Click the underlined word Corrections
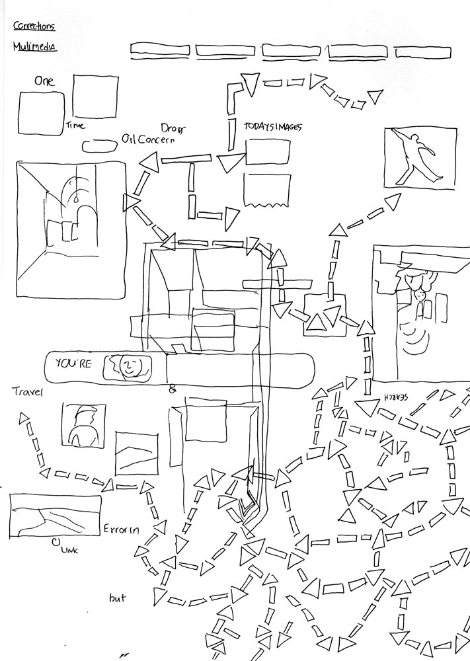coord(34,26)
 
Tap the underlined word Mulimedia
coord(34,47)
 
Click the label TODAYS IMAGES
coord(272,127)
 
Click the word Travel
coord(28,392)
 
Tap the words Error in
coord(120,529)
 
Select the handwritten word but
coord(118,599)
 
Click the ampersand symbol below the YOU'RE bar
coord(173,390)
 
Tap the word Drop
coord(173,127)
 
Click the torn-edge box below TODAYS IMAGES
coord(267,190)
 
